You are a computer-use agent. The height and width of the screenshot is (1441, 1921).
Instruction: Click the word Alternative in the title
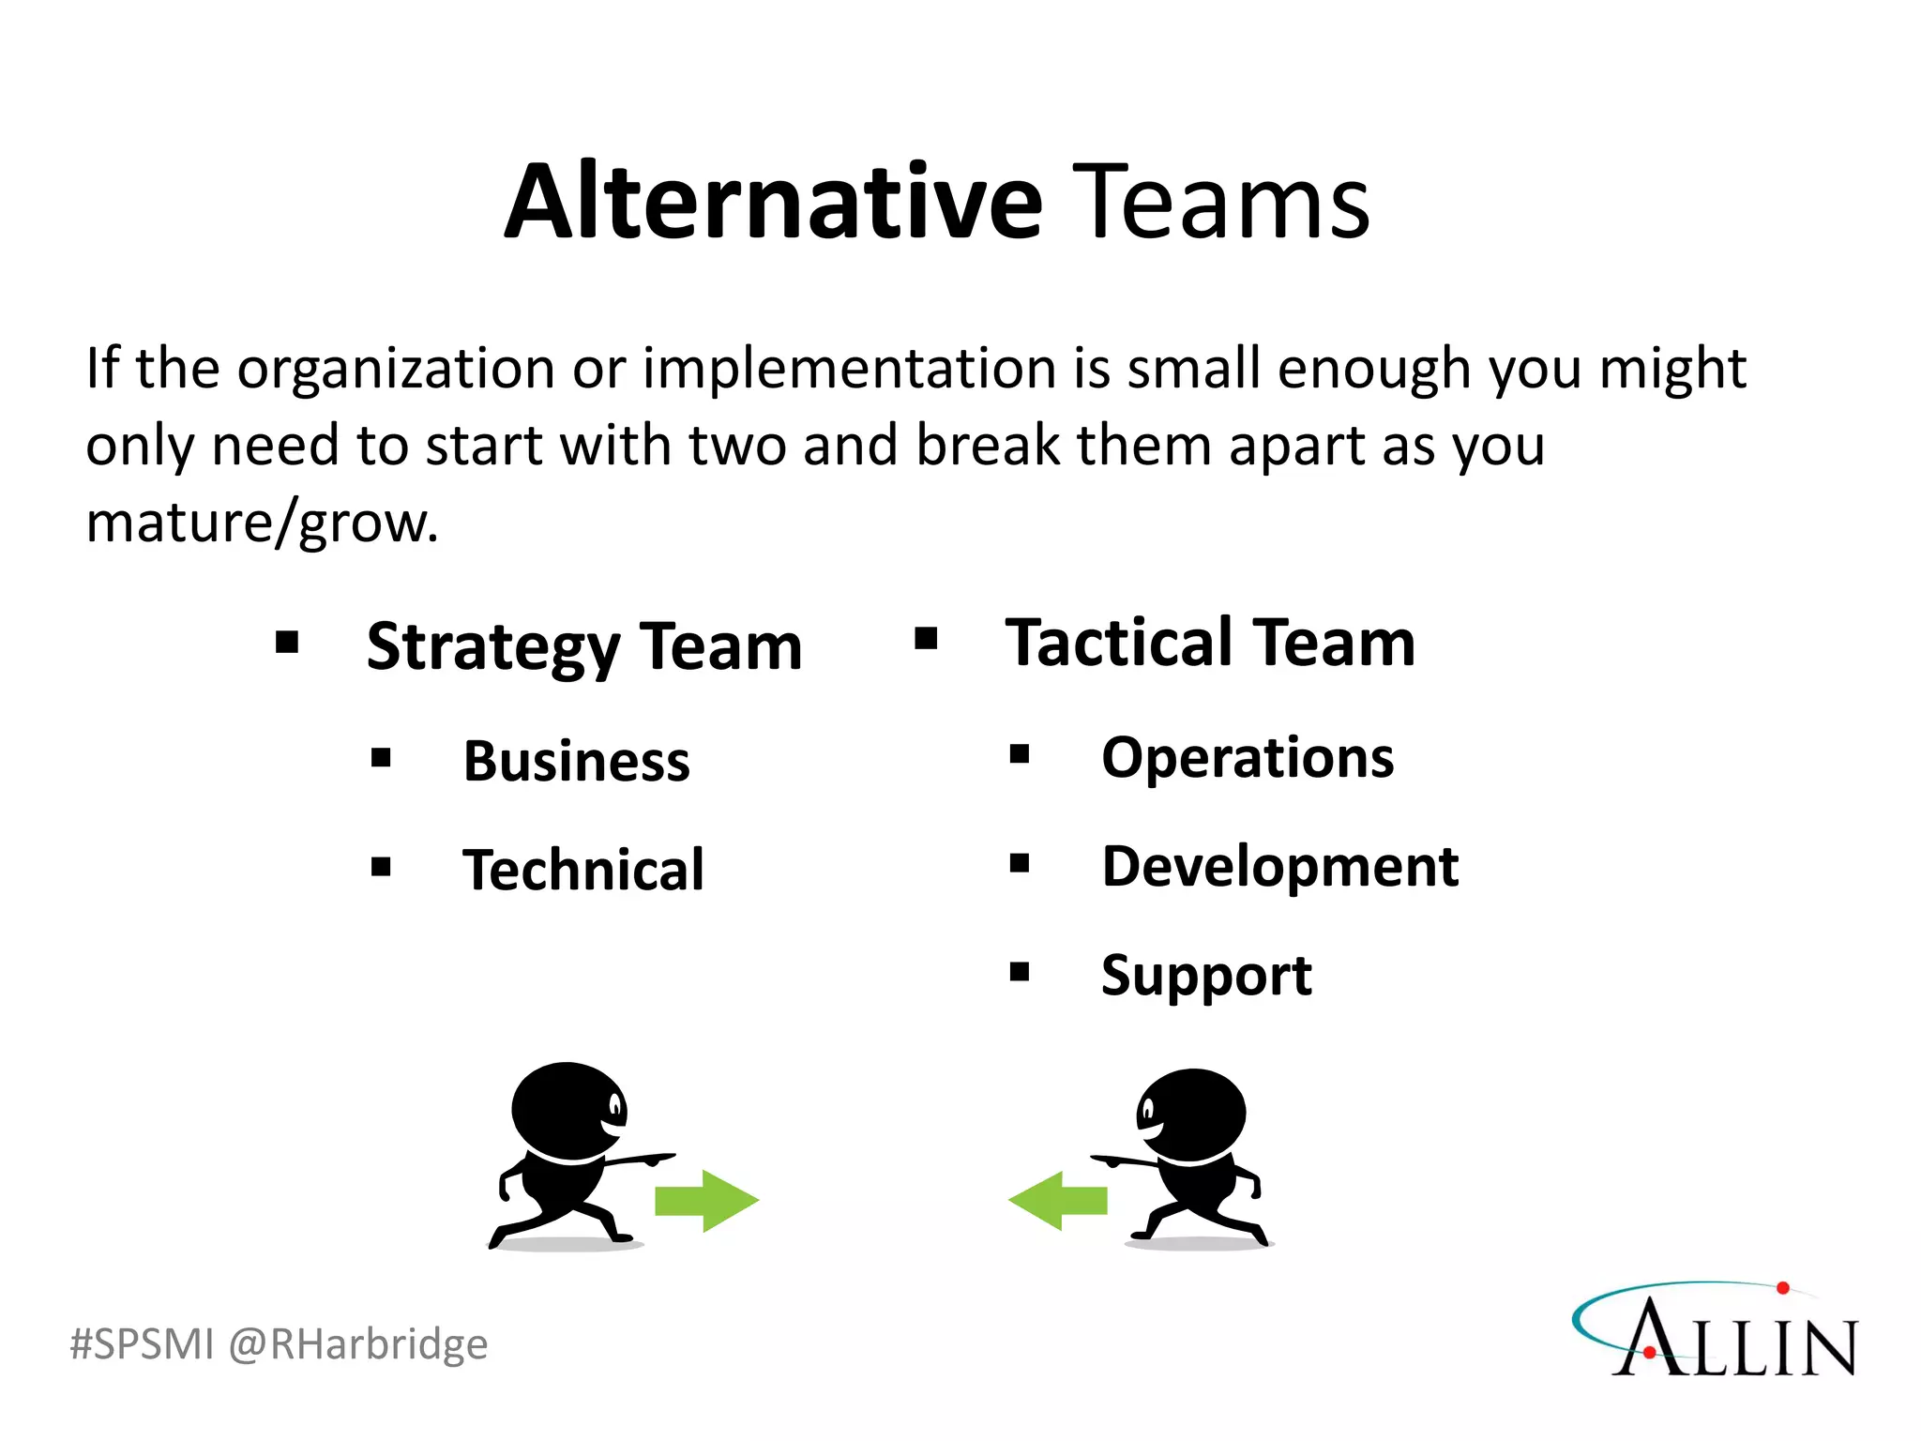coord(774,202)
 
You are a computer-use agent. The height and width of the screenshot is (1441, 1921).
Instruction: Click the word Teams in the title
coord(1220,202)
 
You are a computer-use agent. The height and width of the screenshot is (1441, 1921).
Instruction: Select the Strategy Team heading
coord(583,646)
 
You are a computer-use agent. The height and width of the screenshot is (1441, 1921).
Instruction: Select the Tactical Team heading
coord(1210,643)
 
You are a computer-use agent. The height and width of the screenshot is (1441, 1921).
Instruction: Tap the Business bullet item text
coord(576,760)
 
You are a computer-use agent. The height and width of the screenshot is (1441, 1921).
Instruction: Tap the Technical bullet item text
coord(582,869)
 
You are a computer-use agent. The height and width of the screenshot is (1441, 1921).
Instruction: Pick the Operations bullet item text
coord(1248,757)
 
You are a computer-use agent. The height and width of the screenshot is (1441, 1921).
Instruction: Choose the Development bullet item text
coord(1279,866)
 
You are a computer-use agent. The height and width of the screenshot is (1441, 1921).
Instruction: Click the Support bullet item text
coord(1206,976)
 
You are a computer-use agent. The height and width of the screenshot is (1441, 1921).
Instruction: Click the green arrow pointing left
coord(1058,1201)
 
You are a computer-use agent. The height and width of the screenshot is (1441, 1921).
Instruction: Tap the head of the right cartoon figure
coord(1191,1115)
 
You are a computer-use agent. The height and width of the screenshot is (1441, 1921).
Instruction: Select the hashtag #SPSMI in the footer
coord(143,1343)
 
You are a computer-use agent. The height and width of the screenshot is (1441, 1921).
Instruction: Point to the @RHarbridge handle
coord(358,1343)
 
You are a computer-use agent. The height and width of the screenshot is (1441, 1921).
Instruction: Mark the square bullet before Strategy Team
coord(287,643)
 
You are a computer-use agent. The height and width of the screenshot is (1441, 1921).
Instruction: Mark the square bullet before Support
coord(1020,972)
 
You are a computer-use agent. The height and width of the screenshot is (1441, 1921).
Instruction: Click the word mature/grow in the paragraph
coord(262,523)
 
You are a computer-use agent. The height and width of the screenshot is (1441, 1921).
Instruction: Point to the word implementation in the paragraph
coord(850,368)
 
